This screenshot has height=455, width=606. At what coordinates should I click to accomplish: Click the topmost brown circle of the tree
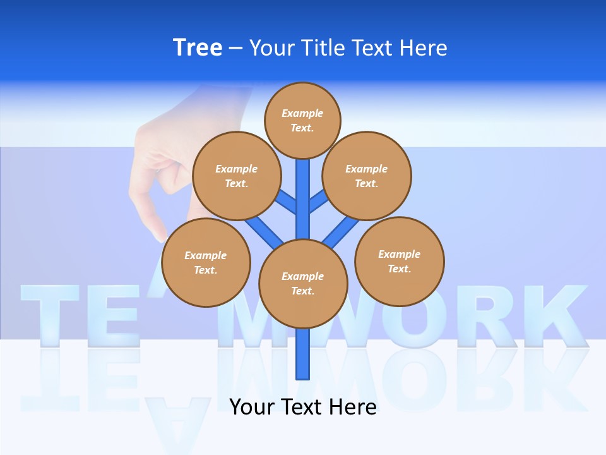pos(302,120)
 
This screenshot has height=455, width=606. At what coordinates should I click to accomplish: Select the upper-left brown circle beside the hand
pos(237,176)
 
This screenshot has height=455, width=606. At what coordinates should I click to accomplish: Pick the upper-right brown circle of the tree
pos(367,176)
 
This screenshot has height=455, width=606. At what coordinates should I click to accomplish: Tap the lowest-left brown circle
pos(206,262)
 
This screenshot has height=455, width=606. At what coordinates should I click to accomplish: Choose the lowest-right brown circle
pos(400,261)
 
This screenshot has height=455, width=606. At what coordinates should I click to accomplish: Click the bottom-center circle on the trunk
pos(303,284)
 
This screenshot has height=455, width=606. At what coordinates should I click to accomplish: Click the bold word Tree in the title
pos(198,47)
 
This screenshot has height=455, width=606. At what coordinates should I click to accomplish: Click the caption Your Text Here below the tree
pos(302,407)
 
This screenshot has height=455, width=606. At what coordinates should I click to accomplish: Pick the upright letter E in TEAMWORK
pos(117,314)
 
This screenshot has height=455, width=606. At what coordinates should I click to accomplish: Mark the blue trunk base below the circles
pos(303,360)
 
